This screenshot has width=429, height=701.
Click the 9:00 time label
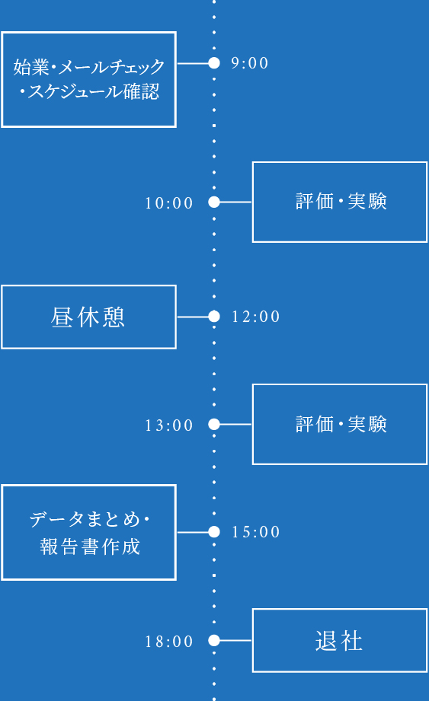pos(250,63)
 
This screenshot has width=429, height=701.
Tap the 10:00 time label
pos(169,203)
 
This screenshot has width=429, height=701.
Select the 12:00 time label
pos(256,317)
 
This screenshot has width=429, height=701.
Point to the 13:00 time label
pos(169,425)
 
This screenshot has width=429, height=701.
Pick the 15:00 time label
pos(256,532)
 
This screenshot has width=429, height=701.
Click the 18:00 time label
pos(169,642)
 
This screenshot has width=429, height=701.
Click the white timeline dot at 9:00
pos(214,63)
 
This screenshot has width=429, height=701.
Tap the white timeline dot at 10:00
pos(214,202)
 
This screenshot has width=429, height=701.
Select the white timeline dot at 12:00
pos(214,316)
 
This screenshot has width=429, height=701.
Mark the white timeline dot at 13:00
pos(214,424)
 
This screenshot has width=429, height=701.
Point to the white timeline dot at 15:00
pos(214,532)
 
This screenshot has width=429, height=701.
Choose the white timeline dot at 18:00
pos(214,641)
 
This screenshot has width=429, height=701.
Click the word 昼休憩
pos(88,317)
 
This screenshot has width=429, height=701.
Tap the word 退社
pos(339,641)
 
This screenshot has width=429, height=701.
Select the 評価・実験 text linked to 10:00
pos(341,202)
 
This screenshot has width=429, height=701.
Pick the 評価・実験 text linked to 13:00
pos(341,424)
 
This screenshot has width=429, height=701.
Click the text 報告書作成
pos(90,546)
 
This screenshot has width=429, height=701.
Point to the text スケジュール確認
pos(88,93)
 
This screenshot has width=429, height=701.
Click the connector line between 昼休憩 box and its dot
pos(193,316)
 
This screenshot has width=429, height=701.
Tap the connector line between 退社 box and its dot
pos(235,641)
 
